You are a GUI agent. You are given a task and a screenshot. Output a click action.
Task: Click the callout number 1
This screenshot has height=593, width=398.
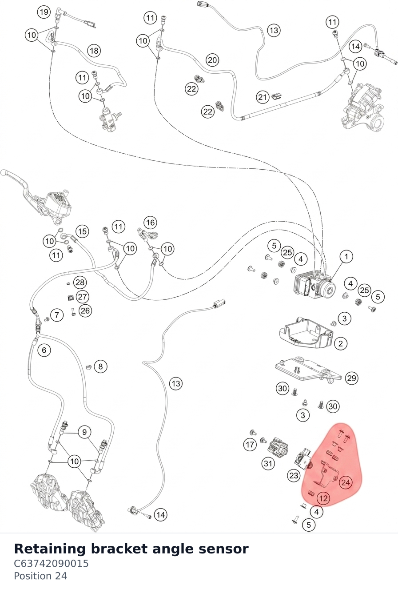point(346,256)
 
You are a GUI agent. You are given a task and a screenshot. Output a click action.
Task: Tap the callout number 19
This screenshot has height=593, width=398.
point(44,12)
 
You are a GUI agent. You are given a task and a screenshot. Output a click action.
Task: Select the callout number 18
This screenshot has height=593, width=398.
point(94,51)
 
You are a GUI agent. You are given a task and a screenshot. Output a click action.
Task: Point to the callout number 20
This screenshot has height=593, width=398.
point(212,60)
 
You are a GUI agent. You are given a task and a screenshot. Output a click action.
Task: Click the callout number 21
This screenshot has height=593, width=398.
point(263,97)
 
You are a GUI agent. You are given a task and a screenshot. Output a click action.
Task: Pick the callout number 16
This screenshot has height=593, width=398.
point(151,223)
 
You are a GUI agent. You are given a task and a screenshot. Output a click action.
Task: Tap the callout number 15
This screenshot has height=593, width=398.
point(82,231)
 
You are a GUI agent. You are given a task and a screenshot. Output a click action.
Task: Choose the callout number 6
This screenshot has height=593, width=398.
point(44,350)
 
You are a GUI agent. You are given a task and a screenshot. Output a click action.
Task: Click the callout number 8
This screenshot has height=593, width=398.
point(100,366)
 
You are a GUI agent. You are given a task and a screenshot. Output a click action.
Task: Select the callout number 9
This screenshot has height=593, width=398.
point(84,432)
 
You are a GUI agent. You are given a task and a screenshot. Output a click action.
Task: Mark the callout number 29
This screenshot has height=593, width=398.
point(352,378)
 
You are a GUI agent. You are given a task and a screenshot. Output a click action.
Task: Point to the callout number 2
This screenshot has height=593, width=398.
point(341,344)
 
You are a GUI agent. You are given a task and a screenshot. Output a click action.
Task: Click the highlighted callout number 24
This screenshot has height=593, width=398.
point(346,482)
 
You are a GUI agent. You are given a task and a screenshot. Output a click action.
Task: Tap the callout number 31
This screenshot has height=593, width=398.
point(268,464)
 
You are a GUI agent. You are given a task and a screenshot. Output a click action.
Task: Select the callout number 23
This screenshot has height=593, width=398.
point(294,476)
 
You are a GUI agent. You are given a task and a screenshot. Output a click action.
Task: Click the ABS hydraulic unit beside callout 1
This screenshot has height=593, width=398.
point(314,285)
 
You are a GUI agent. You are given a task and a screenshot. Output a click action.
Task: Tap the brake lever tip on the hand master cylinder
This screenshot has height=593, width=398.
point(3,173)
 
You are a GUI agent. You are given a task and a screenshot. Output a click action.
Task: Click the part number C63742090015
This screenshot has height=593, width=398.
point(51,563)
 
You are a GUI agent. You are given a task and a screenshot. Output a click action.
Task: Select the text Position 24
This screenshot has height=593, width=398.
point(40,576)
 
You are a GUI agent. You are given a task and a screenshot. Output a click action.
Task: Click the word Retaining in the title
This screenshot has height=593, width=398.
point(50,549)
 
